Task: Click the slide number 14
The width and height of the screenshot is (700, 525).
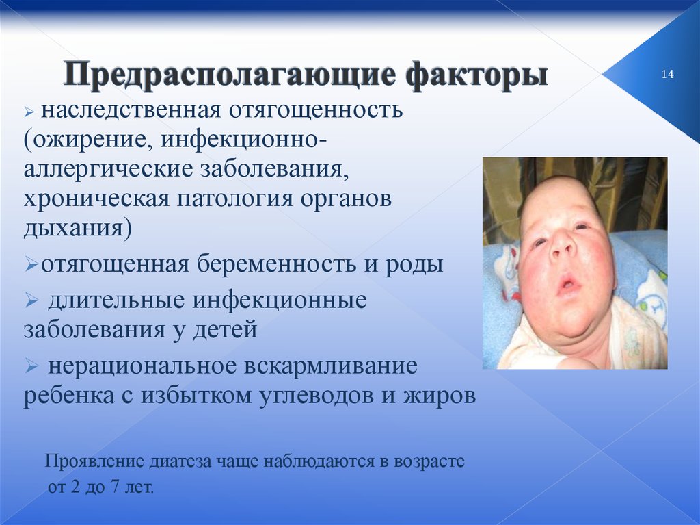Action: (x=667, y=74)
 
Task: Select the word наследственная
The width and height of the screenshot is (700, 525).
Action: (x=131, y=110)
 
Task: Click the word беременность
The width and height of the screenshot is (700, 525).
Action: (x=277, y=264)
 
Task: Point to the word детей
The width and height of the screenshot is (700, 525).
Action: (x=225, y=330)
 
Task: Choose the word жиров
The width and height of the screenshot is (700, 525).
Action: (x=440, y=396)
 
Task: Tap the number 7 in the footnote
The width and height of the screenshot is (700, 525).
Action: (x=116, y=487)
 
